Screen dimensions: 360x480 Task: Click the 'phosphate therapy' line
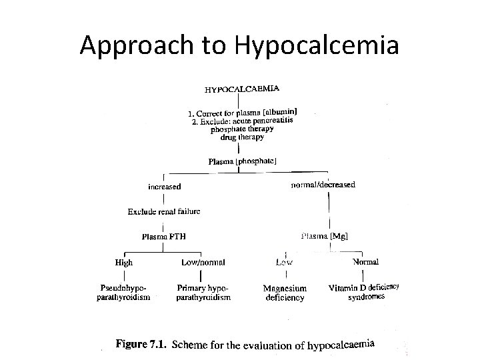coord(242,129)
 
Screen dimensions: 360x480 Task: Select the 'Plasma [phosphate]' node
coord(243,161)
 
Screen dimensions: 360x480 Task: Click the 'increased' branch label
coord(164,187)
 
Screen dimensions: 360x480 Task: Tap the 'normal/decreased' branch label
coord(323,185)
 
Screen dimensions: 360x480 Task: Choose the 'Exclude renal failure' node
coord(164,212)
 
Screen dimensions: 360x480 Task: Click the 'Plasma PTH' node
coord(164,237)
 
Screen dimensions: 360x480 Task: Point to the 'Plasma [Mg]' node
coord(325,236)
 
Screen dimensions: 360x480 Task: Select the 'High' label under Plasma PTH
coord(124,263)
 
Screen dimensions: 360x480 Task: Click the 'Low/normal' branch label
coord(203,263)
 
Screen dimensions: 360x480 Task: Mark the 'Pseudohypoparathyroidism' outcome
coord(123,293)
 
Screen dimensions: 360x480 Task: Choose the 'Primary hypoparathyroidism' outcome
coord(203,293)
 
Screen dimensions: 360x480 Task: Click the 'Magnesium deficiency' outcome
coord(285,293)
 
